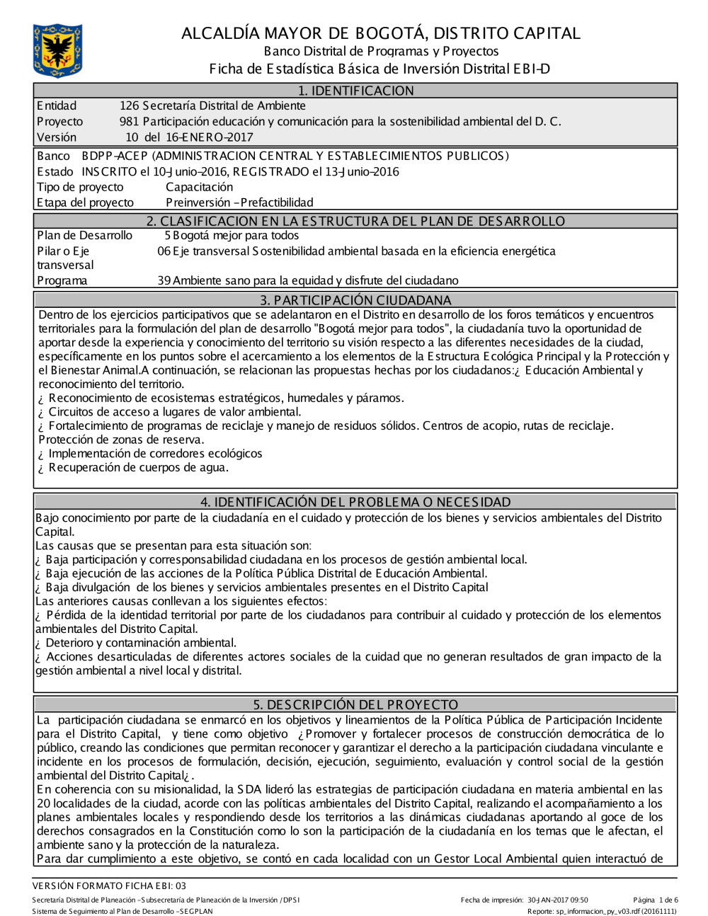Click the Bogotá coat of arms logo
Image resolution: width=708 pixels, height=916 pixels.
tap(57, 50)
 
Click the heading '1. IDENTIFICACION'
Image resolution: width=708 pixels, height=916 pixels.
tap(355, 91)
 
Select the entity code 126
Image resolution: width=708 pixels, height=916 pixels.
tap(130, 106)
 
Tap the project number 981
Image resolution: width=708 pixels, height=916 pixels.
tap(130, 122)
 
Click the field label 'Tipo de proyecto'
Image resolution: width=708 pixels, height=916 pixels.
tap(80, 187)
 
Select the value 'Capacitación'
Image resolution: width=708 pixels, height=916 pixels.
tap(199, 187)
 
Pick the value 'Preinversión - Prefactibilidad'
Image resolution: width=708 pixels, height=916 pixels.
tap(239, 202)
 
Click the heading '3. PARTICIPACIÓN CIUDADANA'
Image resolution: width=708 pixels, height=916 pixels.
tap(355, 300)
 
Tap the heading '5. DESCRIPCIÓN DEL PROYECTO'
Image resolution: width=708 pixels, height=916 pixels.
tap(355, 704)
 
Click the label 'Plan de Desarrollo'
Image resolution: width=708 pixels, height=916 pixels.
tap(84, 236)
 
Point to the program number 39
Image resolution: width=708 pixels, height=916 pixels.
tap(164, 281)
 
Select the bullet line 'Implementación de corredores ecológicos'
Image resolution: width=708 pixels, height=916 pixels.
tap(155, 454)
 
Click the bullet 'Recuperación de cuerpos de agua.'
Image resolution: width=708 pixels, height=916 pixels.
tap(138, 468)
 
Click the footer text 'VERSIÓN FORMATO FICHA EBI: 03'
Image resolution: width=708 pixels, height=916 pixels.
tap(110, 886)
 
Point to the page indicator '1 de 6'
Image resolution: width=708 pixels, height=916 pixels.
tap(668, 900)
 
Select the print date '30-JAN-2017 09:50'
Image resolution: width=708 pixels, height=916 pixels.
tap(557, 900)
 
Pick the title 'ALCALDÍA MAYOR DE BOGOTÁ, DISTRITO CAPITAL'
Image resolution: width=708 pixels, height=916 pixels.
tap(380, 33)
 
